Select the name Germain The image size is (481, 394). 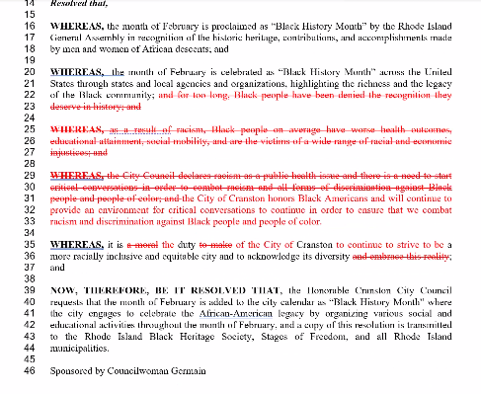[186, 371]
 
